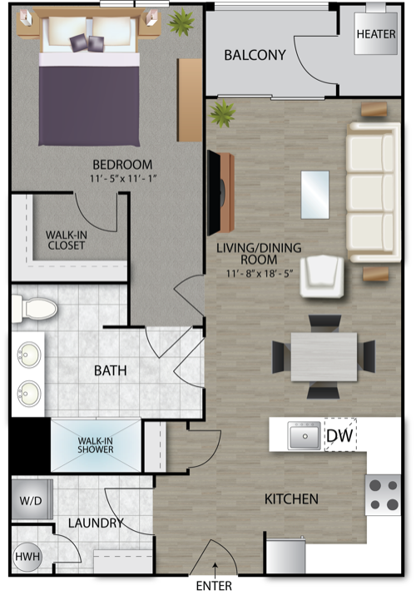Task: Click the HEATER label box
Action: coord(376,33)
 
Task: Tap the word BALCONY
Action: coord(255,55)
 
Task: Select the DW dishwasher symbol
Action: coord(340,435)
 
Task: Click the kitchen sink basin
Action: coord(305,436)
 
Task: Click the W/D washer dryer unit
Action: coord(32,500)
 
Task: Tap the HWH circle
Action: coord(27,557)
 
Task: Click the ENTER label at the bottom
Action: coord(214,586)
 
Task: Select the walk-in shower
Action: coord(96,445)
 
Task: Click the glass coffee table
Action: coord(315,195)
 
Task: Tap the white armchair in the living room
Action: coord(322,276)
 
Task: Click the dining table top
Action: coord(324,357)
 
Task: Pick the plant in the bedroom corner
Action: coord(181,22)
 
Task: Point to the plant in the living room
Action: coord(222,113)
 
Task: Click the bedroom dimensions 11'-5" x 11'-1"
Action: coord(124,179)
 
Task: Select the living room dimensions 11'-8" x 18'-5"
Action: coord(260,274)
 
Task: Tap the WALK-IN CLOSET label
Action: coord(67,240)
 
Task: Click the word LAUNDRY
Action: coord(96,523)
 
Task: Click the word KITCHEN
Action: coord(292,499)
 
